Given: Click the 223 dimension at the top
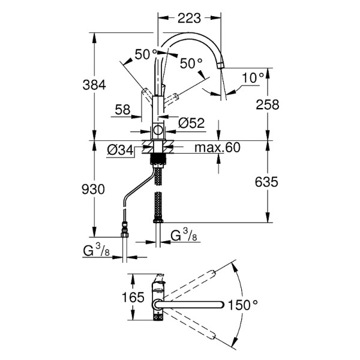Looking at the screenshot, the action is (189, 19).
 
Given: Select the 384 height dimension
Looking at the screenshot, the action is (94, 85).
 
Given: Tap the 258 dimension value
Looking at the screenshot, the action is (268, 104).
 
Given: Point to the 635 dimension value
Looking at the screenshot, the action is (266, 182).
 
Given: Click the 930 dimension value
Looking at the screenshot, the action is (93, 190).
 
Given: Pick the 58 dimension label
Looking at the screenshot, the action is (122, 110).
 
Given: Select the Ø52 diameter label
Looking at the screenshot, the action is (191, 123).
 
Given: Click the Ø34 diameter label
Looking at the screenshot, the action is (120, 151).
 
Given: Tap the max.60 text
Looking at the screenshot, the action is (217, 148).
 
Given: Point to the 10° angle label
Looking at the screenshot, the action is (253, 78).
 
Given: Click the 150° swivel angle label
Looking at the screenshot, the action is (243, 305).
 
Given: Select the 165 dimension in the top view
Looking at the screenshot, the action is (133, 298).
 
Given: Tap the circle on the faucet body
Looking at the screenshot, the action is (158, 130).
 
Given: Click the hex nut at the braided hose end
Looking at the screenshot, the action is (158, 221).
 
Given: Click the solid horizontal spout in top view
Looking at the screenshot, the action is (189, 305).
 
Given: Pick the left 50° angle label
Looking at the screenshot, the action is (146, 55).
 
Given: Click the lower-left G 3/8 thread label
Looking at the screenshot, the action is (97, 250).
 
